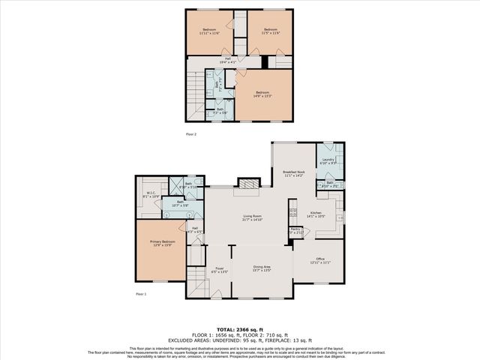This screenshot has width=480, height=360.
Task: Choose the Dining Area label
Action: (262, 268)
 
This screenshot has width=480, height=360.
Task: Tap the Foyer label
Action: (220, 269)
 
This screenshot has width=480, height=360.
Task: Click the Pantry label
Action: (295, 231)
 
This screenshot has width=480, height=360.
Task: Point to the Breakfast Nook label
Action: (295, 173)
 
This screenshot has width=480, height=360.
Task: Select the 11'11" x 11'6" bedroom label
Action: (210, 31)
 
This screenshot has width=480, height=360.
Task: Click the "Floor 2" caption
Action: (190, 133)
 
